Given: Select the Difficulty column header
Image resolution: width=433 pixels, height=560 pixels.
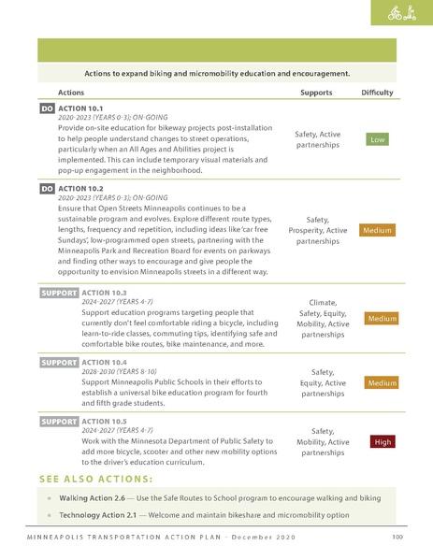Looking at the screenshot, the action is [x=377, y=93].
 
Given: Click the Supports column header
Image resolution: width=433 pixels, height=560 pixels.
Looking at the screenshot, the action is [x=316, y=93].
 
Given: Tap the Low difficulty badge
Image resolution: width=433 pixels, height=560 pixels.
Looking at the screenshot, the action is [x=377, y=139].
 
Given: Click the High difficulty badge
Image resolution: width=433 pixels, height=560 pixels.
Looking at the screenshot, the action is [x=382, y=441].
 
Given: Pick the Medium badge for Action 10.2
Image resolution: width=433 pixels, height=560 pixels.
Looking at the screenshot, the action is [x=377, y=230].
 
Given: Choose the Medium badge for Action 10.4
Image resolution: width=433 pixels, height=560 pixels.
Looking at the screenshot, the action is [x=382, y=382].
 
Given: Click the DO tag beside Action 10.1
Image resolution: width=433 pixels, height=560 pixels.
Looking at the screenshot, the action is [x=47, y=109].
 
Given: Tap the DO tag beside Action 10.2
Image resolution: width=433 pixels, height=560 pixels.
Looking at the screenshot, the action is [x=47, y=189].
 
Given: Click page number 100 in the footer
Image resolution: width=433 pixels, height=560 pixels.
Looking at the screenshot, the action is [x=397, y=538].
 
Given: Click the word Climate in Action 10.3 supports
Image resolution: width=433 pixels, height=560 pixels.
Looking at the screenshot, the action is [x=323, y=303].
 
